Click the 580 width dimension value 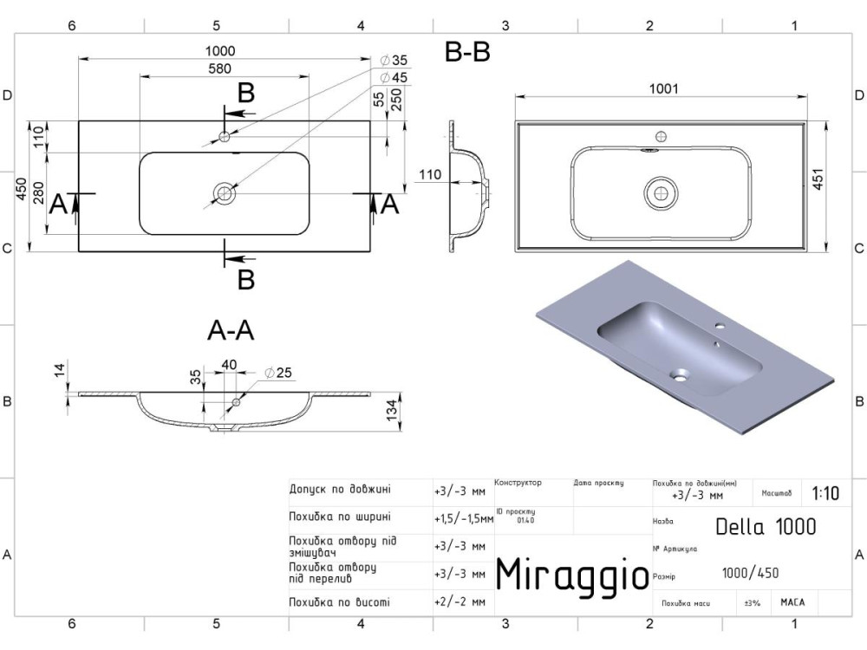tap(225, 68)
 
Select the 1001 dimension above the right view tap(663, 88)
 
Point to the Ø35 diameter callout tap(399, 61)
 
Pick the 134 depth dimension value tap(393, 408)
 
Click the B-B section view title tap(467, 54)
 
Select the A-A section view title tap(231, 330)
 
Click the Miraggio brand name tap(571, 574)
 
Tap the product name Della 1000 tap(766, 526)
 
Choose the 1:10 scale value tap(825, 494)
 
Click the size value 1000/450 tap(751, 572)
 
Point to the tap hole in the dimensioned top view tap(225, 136)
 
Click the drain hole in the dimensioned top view tap(225, 192)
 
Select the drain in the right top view tap(661, 192)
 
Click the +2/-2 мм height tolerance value tap(460, 601)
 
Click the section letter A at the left tap(58, 205)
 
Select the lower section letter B tap(246, 279)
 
